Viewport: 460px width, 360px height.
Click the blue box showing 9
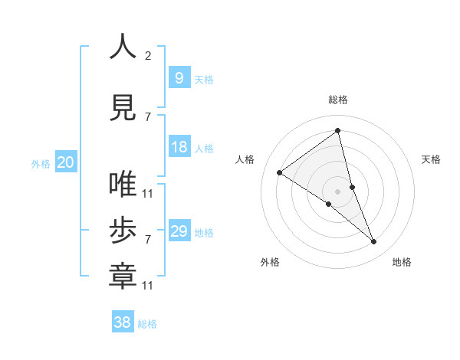pos(179,78)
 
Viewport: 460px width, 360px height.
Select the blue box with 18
pos(179,147)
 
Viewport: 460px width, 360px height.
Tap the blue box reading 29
pos(179,231)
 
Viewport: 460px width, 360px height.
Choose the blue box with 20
pos(65,162)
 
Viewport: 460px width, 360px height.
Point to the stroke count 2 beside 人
pos(148,55)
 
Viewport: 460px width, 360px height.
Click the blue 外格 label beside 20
pos(40,164)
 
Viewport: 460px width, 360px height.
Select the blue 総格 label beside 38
pos(147,324)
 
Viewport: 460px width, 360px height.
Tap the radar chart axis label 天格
pos(431,159)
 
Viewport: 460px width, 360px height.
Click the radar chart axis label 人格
pos(245,159)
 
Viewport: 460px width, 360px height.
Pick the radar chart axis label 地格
pos(402,262)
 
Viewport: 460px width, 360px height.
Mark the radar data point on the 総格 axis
pos(338,131)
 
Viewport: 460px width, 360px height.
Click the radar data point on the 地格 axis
pos(374,242)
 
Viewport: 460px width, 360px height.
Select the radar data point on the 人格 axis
pos(280,173)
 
